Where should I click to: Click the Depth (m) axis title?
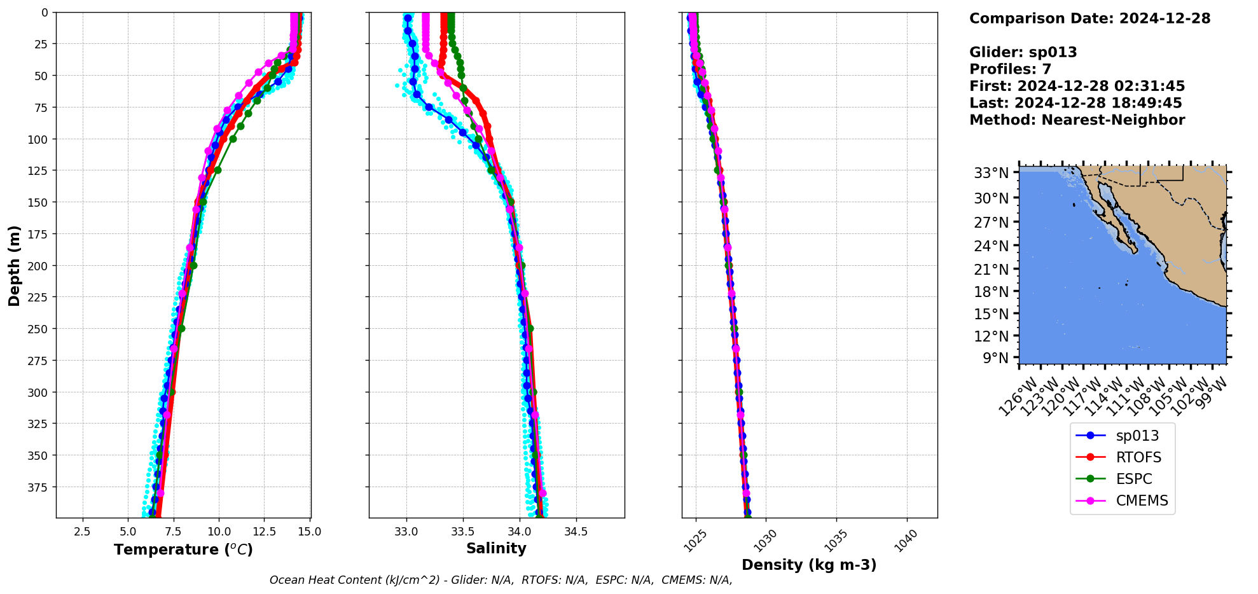(x=15, y=265)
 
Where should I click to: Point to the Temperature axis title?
(x=183, y=549)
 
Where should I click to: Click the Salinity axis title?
(x=496, y=548)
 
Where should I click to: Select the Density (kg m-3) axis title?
(x=809, y=565)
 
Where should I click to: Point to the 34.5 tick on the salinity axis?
(x=576, y=532)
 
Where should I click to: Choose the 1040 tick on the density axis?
(x=906, y=541)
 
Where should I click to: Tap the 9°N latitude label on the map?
(x=996, y=358)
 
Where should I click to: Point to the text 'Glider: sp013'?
(x=1023, y=52)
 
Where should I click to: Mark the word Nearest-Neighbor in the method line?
(x=1113, y=120)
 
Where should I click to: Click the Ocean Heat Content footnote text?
(x=501, y=580)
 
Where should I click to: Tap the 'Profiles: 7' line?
(x=1010, y=69)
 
